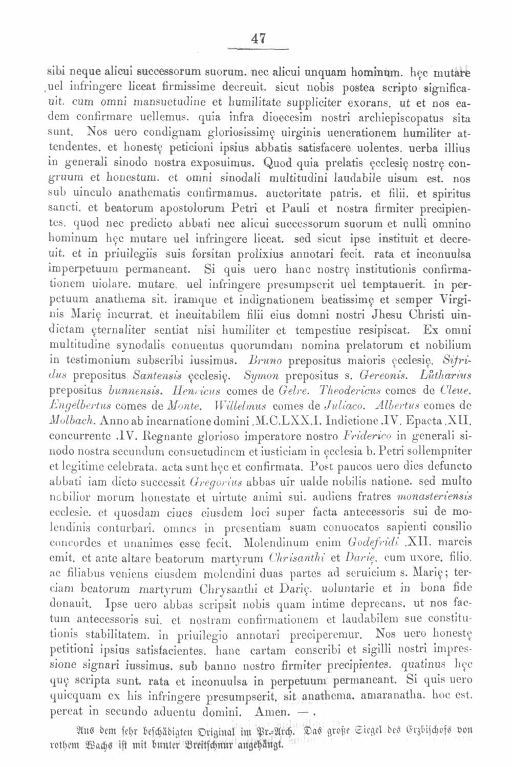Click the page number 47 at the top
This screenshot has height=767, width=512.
point(259,38)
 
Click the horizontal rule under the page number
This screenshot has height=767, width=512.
point(259,49)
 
